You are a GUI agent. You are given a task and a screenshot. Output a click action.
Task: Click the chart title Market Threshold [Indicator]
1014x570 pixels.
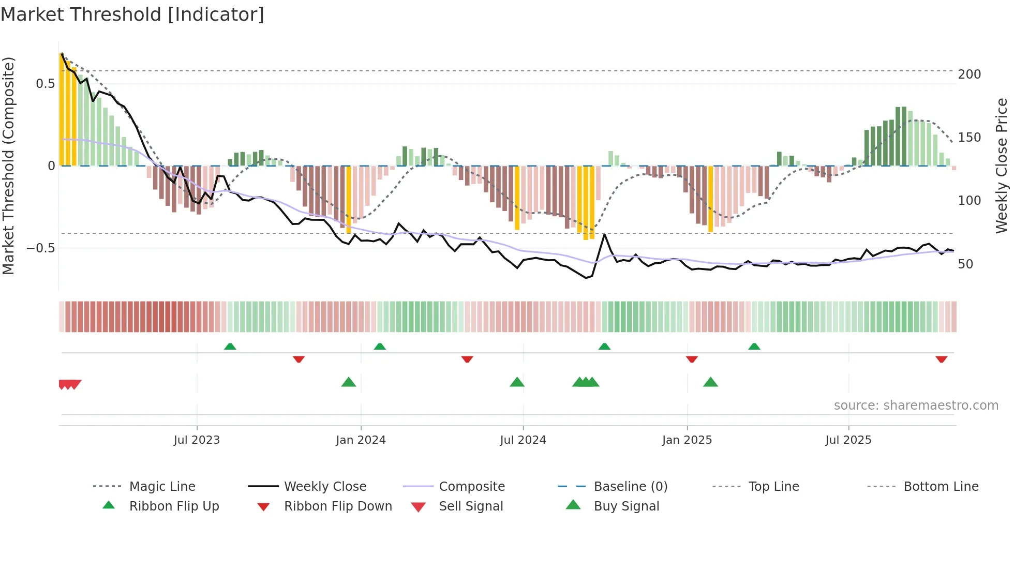click(132, 14)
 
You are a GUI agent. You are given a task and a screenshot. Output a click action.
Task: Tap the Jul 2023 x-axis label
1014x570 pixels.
click(197, 440)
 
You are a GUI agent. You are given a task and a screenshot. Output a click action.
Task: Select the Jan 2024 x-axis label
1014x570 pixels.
click(361, 440)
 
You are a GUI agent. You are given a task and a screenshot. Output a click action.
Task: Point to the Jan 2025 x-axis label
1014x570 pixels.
click(687, 440)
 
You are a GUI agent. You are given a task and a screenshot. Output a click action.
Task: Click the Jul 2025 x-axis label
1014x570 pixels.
click(848, 440)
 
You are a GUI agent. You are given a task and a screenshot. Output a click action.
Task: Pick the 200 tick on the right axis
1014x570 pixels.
click(969, 74)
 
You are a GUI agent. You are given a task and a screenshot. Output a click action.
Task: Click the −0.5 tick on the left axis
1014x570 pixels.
click(40, 248)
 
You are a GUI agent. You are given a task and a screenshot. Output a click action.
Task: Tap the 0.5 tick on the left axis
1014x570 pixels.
click(45, 84)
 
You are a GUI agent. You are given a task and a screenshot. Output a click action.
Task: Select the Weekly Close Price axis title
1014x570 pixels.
click(1002, 166)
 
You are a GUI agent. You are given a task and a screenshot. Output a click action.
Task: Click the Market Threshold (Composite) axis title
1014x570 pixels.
click(8, 166)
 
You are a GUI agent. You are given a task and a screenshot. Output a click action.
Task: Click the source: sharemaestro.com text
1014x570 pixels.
click(916, 406)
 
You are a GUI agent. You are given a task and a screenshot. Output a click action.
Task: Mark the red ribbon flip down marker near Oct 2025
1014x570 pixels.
click(941, 359)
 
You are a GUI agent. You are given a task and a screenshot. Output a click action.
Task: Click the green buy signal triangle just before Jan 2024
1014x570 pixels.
click(349, 382)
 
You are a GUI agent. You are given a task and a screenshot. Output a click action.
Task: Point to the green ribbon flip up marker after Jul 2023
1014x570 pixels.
click(230, 347)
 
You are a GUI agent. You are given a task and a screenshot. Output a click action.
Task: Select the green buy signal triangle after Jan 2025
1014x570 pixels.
click(710, 382)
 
